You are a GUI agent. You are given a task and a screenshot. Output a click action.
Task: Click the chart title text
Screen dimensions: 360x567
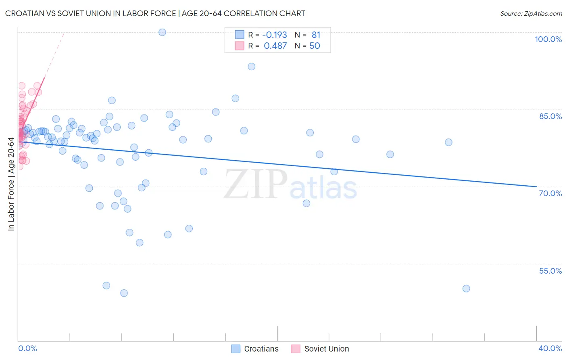point(155,13)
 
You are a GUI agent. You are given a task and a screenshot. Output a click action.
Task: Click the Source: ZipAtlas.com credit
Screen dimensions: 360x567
point(531,13)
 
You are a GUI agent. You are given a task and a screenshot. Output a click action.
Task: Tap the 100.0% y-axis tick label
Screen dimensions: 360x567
point(548,39)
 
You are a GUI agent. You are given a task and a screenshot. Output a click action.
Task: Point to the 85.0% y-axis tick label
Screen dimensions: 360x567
point(550,116)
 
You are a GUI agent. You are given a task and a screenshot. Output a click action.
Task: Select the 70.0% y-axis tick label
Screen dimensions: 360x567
point(550,193)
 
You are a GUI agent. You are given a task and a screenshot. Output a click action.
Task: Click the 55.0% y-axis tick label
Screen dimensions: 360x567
point(550,271)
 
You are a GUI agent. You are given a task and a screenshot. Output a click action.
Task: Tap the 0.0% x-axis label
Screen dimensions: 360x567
point(27,348)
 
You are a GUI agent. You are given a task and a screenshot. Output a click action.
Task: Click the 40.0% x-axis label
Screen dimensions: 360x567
point(550,348)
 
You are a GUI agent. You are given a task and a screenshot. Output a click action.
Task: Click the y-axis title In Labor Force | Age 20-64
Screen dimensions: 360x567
point(11,184)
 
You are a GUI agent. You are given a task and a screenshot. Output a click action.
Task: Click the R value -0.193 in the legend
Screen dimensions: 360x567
point(275,35)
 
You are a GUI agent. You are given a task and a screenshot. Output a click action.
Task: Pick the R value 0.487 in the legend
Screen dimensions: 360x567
point(275,46)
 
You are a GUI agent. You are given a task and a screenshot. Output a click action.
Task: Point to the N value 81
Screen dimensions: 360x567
point(316,35)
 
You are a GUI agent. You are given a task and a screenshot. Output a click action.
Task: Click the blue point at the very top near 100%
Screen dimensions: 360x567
point(162,32)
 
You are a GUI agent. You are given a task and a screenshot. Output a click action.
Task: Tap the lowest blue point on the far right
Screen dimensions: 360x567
point(466,289)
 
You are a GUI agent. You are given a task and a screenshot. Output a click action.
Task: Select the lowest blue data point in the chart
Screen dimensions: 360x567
point(124,293)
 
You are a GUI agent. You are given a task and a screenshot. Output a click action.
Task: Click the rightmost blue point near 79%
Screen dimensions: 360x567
point(448,142)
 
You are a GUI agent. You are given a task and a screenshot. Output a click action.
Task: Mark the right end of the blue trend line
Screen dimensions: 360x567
point(536,186)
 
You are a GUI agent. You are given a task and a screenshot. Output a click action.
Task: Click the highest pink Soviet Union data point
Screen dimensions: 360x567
point(21,86)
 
